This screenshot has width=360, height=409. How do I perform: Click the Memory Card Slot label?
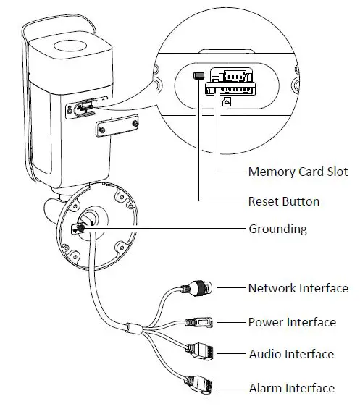(x=298, y=172)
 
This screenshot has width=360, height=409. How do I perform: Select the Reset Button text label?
(x=283, y=201)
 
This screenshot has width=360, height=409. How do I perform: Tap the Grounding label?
(x=277, y=229)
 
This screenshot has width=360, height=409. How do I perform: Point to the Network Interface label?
(x=298, y=288)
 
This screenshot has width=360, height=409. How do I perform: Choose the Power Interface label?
(x=292, y=322)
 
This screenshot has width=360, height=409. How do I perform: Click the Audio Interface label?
(x=290, y=354)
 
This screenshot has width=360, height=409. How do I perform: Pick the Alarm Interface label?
(x=291, y=388)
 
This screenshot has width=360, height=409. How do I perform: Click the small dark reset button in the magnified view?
(x=198, y=75)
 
